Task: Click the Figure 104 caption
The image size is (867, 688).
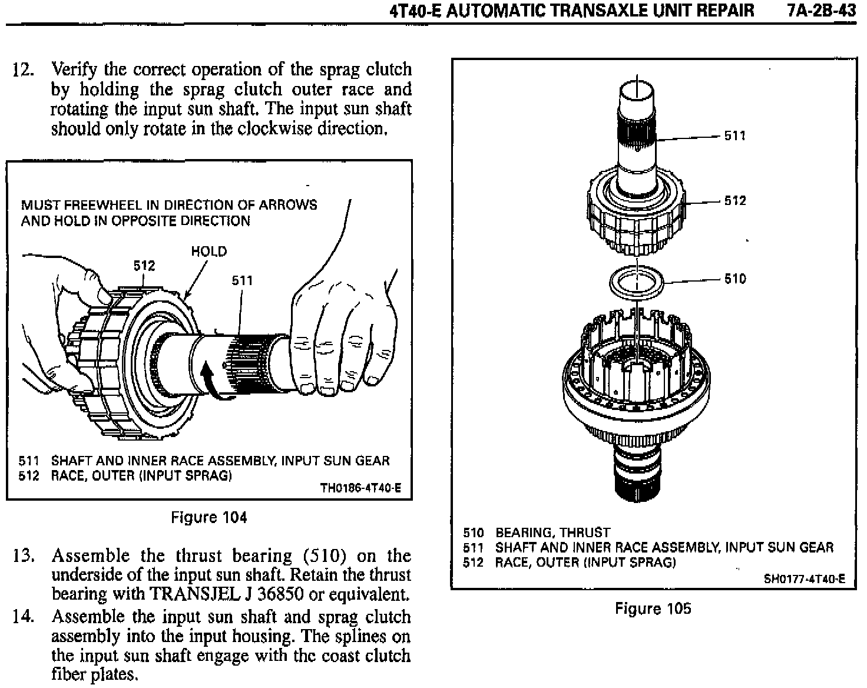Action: [209, 518]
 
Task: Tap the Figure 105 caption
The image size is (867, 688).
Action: [653, 608]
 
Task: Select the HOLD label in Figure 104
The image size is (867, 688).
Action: [209, 252]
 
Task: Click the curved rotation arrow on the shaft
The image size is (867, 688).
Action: [207, 380]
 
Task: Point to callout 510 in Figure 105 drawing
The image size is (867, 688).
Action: [734, 279]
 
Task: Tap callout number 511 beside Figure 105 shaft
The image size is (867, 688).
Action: [734, 136]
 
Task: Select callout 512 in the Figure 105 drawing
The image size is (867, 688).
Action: [734, 201]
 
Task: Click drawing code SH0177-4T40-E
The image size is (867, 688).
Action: [804, 578]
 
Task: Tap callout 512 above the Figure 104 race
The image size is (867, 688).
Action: [144, 266]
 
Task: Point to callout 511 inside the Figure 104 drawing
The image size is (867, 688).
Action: [241, 281]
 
